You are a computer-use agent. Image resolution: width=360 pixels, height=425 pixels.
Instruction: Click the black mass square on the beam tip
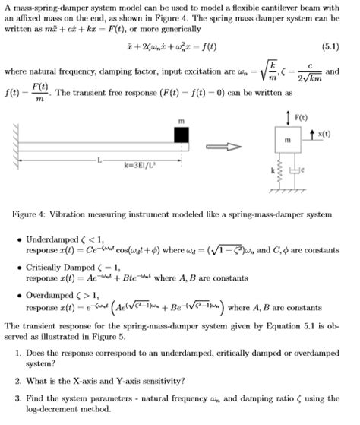pyautogui.click(x=182, y=134)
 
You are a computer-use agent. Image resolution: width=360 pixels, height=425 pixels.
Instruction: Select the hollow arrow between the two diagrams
pyautogui.click(x=226, y=147)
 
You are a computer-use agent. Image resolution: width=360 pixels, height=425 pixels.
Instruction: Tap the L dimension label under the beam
pyautogui.click(x=99, y=158)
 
